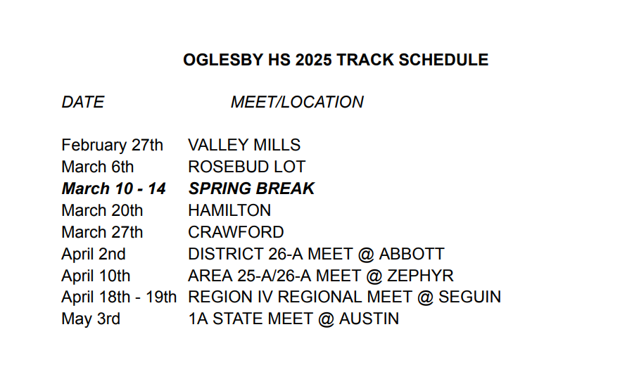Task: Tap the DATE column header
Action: [x=82, y=102]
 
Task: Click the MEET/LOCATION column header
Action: [x=297, y=102]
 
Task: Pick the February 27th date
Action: [x=112, y=146]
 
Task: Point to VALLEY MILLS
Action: [x=244, y=145]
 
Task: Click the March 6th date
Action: [x=97, y=167]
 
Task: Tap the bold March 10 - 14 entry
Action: [x=113, y=188]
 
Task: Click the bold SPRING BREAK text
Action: [x=251, y=188]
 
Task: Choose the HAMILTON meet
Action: [x=229, y=210]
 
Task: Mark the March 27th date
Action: [x=102, y=232]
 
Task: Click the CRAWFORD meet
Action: [x=236, y=232]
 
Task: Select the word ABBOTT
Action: [x=412, y=254]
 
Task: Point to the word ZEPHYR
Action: [x=420, y=276]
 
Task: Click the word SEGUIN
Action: [x=469, y=297]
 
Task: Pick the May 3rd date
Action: [x=91, y=319]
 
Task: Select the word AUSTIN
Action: [x=369, y=319]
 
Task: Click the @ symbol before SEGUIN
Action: [x=426, y=297]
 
